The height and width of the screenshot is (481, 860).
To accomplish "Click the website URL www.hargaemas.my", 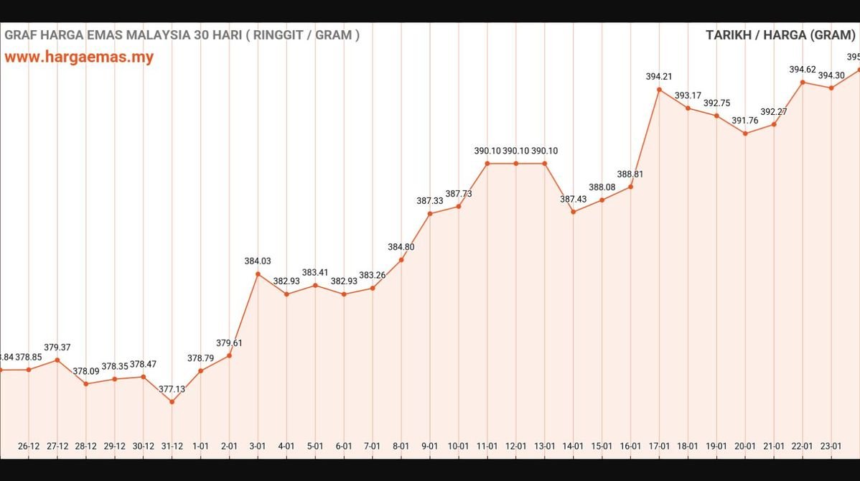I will (79, 57).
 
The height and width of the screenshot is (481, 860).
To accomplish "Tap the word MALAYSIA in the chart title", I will (152, 34).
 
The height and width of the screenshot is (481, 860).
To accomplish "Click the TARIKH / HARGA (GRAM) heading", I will (781, 35).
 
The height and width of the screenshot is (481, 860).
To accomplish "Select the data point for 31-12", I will (172, 401).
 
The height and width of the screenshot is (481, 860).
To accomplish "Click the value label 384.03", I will (258, 261).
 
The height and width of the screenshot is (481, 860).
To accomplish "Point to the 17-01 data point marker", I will (659, 90).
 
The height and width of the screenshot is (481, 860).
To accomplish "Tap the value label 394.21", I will (659, 76).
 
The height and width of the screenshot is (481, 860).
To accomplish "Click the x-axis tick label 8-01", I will (401, 446).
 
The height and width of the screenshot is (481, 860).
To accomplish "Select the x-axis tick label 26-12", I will (29, 446).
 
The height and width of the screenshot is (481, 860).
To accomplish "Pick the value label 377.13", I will (172, 388).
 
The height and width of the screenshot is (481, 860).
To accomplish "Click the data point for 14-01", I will (573, 212).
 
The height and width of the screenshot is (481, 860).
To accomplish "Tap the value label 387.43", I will (573, 199).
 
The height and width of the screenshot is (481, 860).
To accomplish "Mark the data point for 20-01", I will (745, 134).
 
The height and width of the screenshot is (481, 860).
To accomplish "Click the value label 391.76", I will (745, 121).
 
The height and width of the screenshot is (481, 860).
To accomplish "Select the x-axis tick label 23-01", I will (831, 446).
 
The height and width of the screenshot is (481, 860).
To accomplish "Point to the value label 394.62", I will (802, 70).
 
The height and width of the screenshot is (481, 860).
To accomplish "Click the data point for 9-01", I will (430, 213).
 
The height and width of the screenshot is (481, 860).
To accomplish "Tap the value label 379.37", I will (57, 347).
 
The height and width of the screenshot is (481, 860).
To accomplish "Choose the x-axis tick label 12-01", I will (516, 446).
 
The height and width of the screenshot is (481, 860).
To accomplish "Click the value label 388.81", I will (630, 174).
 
